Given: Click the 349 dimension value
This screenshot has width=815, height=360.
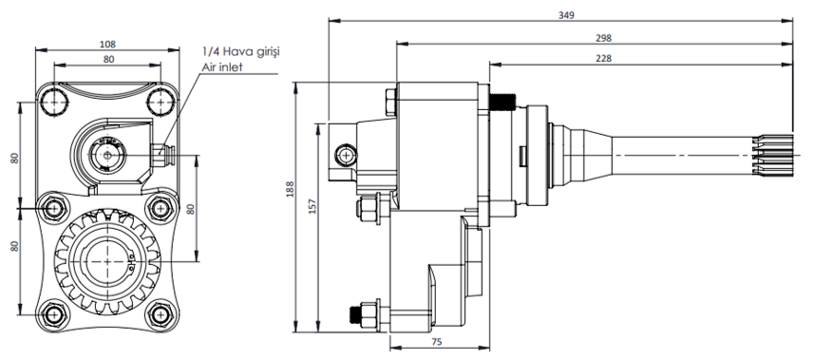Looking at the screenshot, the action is pyautogui.click(x=566, y=15).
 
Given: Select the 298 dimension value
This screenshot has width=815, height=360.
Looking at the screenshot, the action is pyautogui.click(x=603, y=38).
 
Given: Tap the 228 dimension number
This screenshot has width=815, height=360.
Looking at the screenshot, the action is pyautogui.click(x=603, y=58).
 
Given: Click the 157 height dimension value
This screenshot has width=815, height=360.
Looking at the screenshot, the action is pyautogui.click(x=313, y=206).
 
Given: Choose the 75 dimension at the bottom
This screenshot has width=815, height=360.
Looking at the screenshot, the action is pyautogui.click(x=437, y=341).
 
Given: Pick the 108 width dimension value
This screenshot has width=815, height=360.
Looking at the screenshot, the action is pyautogui.click(x=107, y=44).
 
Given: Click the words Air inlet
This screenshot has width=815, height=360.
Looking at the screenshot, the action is pyautogui.click(x=222, y=67).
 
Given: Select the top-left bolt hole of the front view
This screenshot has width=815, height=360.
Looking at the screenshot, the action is pyautogui.click(x=54, y=102).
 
